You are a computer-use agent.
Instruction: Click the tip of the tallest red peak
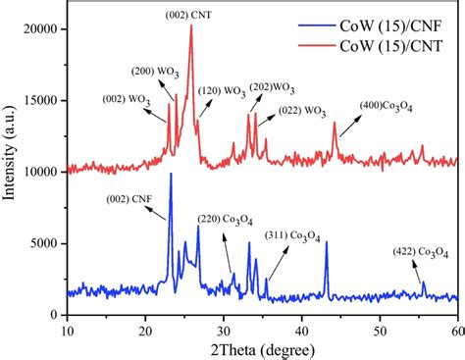click(x=190, y=26)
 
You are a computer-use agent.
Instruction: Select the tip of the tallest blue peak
click(x=171, y=174)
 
